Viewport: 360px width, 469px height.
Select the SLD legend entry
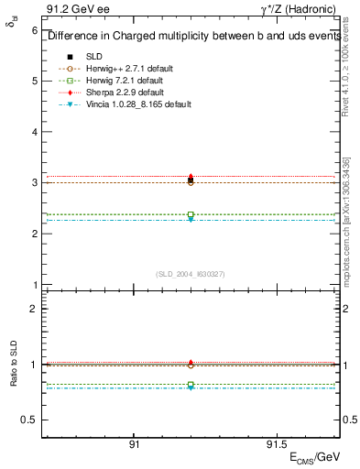[x=94, y=57]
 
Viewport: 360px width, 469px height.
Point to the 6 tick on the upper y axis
[x=34, y=30]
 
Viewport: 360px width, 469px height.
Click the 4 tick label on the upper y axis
[x=34, y=132]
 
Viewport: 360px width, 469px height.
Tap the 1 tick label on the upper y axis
[x=34, y=285]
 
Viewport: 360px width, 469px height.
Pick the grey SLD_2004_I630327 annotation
[x=191, y=274]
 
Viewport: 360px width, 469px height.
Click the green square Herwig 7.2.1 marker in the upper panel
[x=191, y=214]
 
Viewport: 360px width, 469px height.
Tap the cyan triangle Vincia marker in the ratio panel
[x=191, y=387]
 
